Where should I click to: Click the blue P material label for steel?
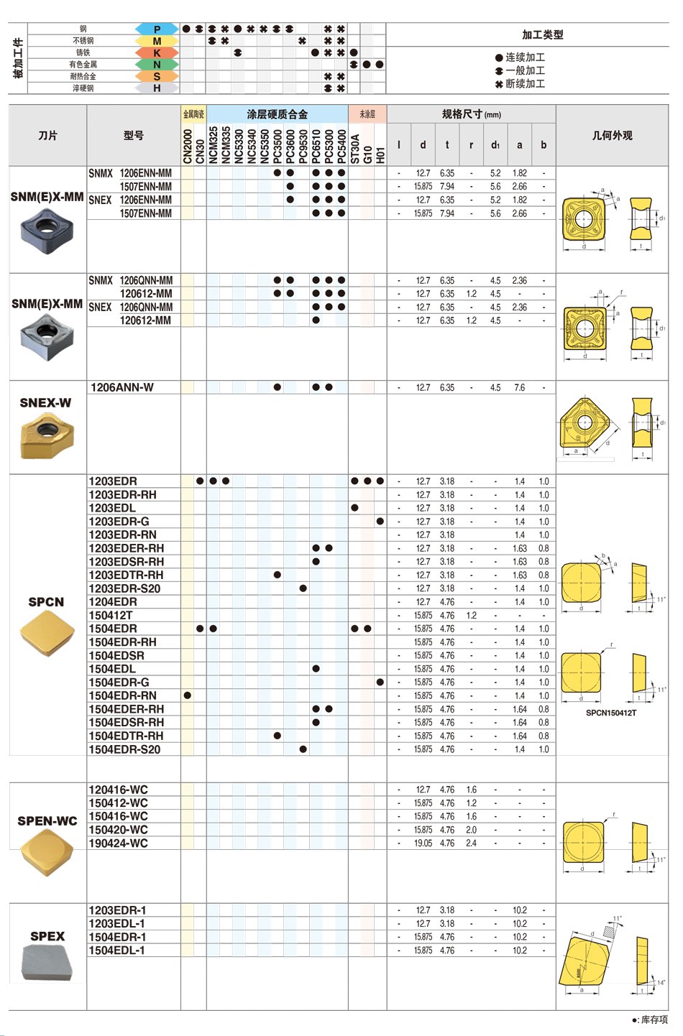pyautogui.click(x=157, y=29)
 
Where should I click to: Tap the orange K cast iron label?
pyautogui.click(x=157, y=52)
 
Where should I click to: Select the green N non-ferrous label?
pyautogui.click(x=157, y=65)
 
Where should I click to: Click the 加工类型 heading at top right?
pyautogui.click(x=542, y=34)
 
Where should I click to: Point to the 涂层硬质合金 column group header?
pyautogui.click(x=277, y=114)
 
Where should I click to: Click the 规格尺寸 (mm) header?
pyautogui.click(x=471, y=114)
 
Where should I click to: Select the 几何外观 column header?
pyautogui.click(x=612, y=135)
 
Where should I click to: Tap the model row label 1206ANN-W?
pyautogui.click(x=122, y=387)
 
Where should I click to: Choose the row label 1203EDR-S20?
pyautogui.click(x=124, y=588)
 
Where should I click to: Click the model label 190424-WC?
pyautogui.click(x=118, y=843)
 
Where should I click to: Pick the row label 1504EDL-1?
pyautogui.click(x=116, y=951)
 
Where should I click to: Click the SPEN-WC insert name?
pyautogui.click(x=47, y=820)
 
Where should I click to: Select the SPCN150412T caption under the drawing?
pyautogui.click(x=610, y=713)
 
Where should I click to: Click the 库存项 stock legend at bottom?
pyautogui.click(x=650, y=1019)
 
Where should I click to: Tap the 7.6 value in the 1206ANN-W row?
pyautogui.click(x=519, y=387)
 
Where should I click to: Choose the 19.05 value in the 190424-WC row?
pyautogui.click(x=423, y=843)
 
